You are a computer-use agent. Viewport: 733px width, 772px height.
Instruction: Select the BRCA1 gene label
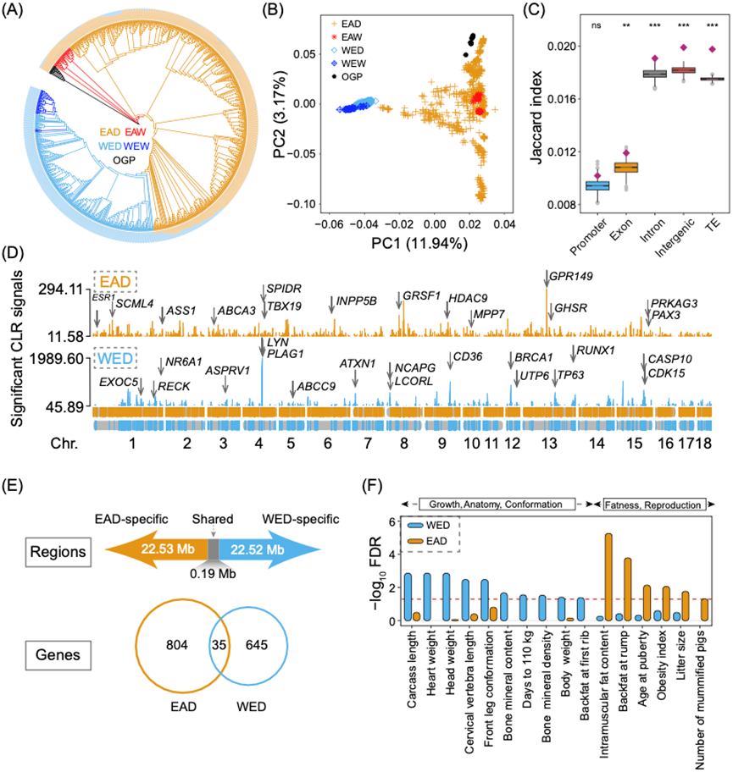point(535,357)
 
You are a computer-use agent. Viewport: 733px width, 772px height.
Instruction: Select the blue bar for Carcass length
point(408,598)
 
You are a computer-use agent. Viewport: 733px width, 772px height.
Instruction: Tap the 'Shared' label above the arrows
point(215,520)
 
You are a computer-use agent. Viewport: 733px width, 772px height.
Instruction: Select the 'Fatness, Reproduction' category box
point(653,505)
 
